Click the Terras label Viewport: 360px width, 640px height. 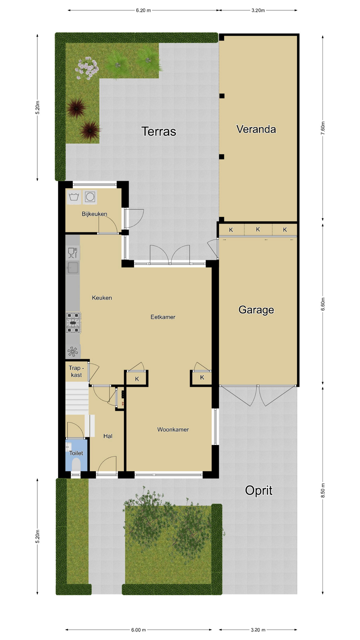click(159, 131)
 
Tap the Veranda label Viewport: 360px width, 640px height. click(256, 129)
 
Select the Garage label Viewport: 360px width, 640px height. click(256, 310)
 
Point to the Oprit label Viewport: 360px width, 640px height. click(259, 490)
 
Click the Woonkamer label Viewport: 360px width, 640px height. click(173, 430)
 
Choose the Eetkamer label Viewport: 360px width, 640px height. click(163, 317)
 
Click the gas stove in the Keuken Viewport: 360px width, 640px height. click(73, 323)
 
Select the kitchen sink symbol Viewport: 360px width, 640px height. click(73, 268)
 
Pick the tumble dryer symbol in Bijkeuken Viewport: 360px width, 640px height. click(90, 197)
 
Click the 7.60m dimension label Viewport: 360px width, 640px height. click(323, 128)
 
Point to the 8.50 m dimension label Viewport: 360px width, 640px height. click(323, 490)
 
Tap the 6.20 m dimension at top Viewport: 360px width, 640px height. click(143, 10)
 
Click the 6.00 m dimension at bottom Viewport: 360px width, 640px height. click(138, 630)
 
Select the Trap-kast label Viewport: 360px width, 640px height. click(76, 371)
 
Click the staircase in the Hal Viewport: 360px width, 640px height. click(77, 398)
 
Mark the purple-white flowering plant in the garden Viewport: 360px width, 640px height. click(87, 68)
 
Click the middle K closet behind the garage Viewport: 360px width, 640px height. click(258, 229)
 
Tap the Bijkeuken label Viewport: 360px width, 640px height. click(94, 214)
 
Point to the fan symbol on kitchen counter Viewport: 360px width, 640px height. click(73, 351)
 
